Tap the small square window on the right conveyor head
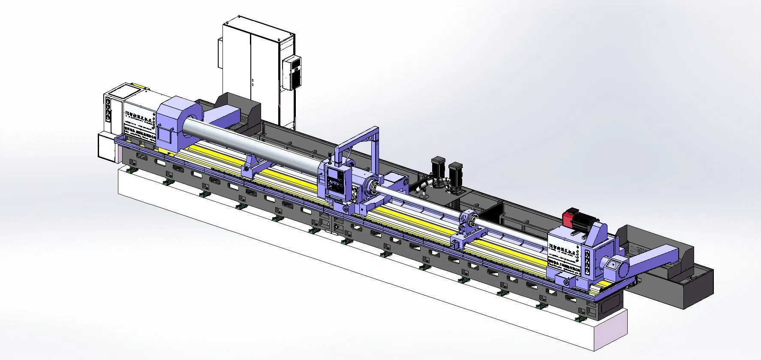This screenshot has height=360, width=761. [613, 265]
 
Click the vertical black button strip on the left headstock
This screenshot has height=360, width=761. [108, 109]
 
